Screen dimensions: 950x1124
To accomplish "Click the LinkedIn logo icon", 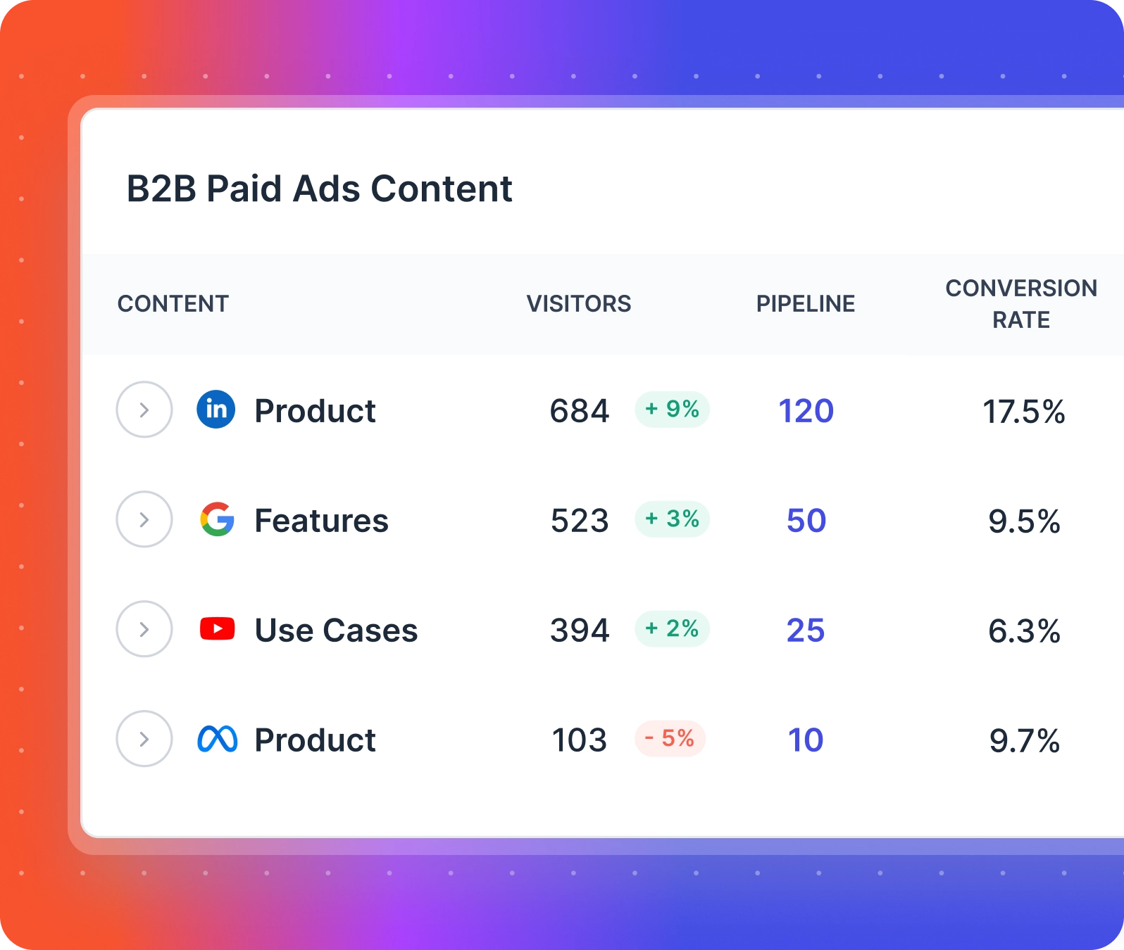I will (x=216, y=410).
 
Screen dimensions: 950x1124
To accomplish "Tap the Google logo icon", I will (x=217, y=520).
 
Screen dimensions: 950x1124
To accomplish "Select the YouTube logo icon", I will (x=217, y=629).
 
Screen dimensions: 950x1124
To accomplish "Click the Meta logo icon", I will (x=217, y=739).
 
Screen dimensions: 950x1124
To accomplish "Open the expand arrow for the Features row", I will (x=144, y=520).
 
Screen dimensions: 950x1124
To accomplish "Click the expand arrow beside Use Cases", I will (x=144, y=629).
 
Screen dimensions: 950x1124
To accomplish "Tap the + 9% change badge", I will (x=672, y=410).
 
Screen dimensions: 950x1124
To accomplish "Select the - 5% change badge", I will (x=670, y=739).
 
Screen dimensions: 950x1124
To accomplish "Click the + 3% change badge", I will (x=672, y=519).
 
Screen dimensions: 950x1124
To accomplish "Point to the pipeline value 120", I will (x=806, y=411).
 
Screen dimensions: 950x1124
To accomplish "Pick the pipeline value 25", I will (x=806, y=631).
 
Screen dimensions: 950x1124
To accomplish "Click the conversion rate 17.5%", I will (x=1023, y=412).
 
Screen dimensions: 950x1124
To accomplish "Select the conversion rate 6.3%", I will (x=1024, y=631).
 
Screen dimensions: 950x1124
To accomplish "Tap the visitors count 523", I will (x=580, y=521).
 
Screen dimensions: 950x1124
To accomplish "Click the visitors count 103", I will (x=579, y=740).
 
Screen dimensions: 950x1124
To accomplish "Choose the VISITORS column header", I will (x=579, y=304).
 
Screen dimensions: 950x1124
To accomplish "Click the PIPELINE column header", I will (x=806, y=304).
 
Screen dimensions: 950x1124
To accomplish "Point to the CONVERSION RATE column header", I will (x=1021, y=304).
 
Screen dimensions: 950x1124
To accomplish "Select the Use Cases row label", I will (x=336, y=631).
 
